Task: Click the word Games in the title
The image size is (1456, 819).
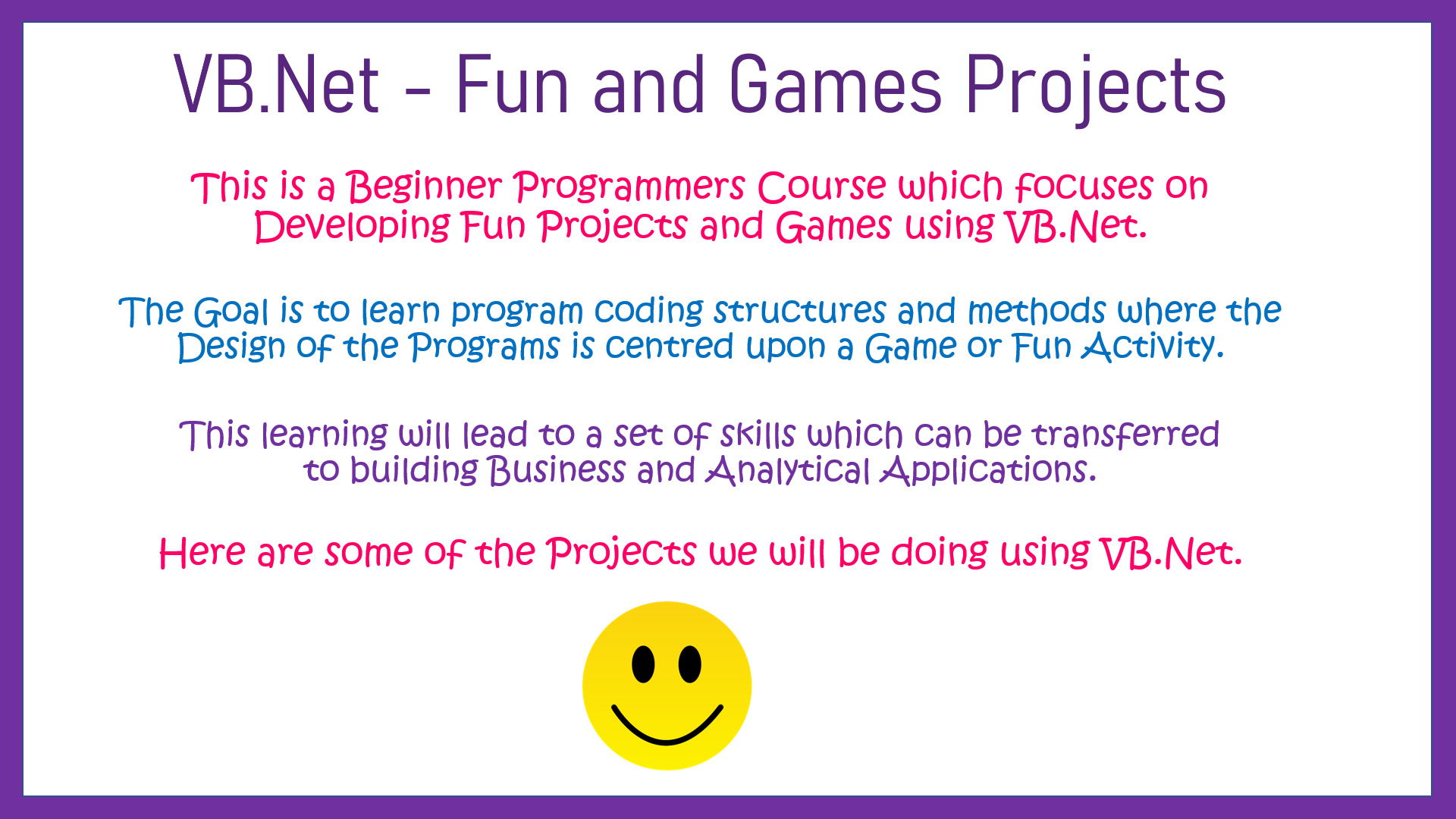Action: [x=835, y=85]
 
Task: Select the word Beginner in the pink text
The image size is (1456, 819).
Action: [x=425, y=187]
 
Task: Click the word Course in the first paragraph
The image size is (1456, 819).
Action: [x=822, y=187]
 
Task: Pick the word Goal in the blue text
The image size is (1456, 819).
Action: [x=231, y=312]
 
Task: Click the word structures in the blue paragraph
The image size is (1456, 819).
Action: [x=799, y=311]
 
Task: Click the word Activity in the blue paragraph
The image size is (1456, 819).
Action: [x=1152, y=347]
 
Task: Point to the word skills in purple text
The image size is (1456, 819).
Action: [x=758, y=435]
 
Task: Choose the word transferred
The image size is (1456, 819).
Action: [x=1125, y=435]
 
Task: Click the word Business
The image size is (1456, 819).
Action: [x=557, y=470]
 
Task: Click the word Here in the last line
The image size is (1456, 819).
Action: [x=202, y=552]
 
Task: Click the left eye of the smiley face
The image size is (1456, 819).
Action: [x=643, y=664]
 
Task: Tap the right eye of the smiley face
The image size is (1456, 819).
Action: [x=689, y=664]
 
